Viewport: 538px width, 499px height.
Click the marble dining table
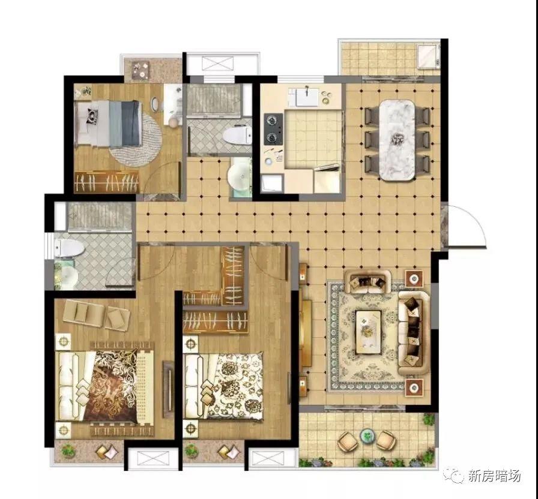[397, 140]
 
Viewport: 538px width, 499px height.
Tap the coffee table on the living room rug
[368, 332]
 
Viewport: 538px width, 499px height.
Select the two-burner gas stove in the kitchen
[273, 129]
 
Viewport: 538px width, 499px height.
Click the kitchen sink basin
[307, 97]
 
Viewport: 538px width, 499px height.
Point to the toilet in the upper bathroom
[237, 135]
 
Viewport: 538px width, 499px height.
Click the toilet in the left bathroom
[70, 248]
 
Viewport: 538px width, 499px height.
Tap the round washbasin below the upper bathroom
[240, 176]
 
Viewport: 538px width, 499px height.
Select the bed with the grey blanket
[109, 124]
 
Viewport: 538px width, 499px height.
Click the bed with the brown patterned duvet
[104, 386]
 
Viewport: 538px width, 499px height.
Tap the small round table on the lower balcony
[367, 436]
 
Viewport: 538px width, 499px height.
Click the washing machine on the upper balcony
[428, 56]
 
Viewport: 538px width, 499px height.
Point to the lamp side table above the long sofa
[414, 278]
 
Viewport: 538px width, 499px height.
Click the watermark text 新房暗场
[495, 476]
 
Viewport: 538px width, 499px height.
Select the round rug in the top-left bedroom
[136, 140]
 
